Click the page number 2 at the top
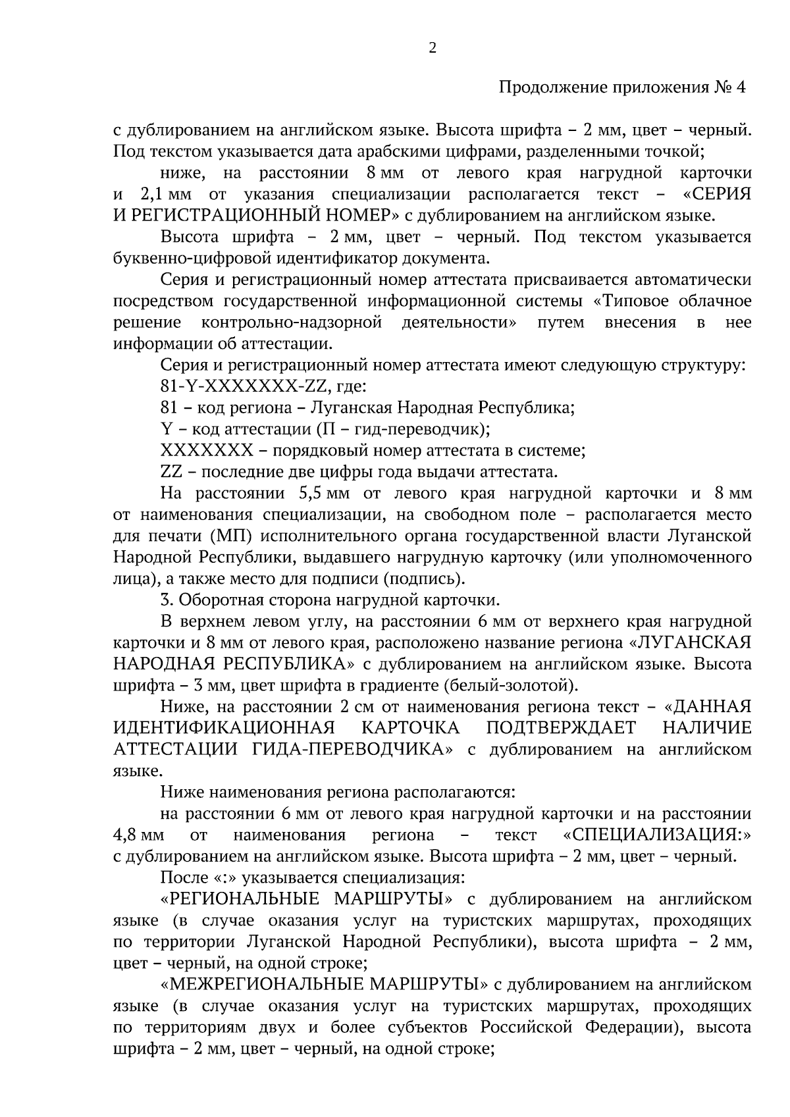(433, 47)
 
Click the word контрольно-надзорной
(292, 323)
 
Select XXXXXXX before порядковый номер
(206, 451)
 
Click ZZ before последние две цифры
(171, 472)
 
